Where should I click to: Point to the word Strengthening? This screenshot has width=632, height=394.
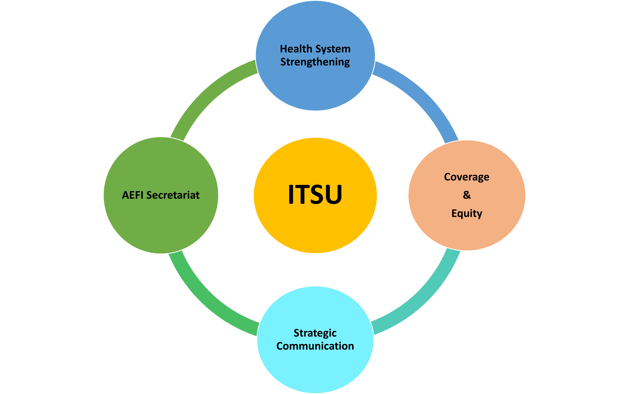click(315, 62)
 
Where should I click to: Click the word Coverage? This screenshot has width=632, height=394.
click(467, 177)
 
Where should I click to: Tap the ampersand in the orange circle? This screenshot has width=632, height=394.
click(467, 195)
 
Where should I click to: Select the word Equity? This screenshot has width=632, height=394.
click(467, 213)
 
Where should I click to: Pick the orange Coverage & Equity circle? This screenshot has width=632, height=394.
click(467, 234)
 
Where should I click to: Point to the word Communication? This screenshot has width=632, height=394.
click(315, 346)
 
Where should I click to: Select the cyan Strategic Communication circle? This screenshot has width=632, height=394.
click(315, 370)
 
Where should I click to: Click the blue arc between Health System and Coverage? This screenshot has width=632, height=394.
click(422, 99)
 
